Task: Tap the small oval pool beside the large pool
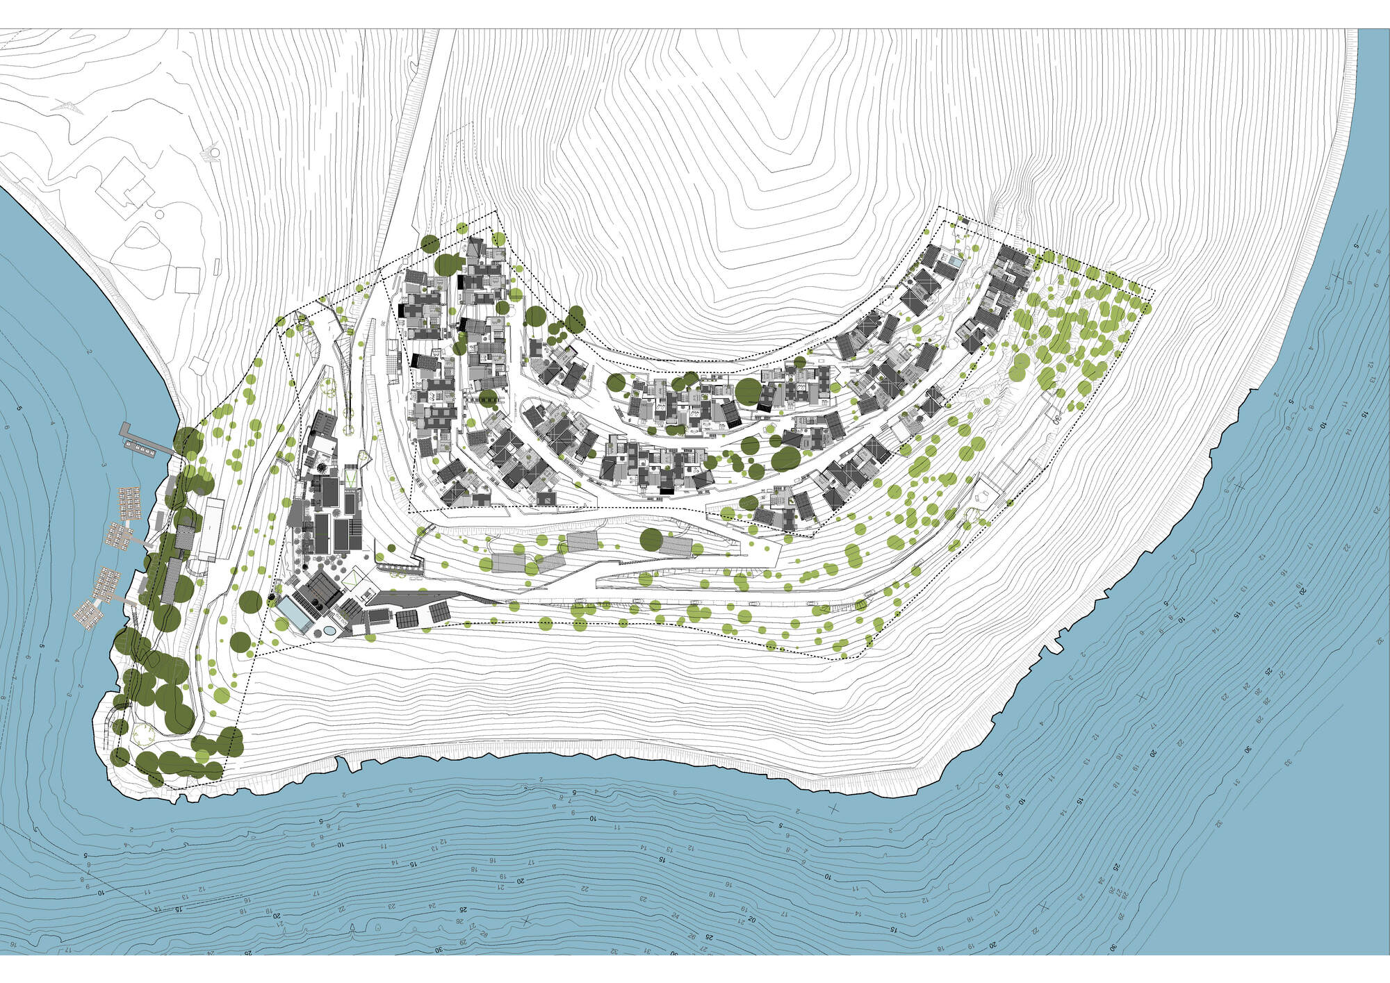[327, 631]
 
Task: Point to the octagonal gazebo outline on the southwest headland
[145, 734]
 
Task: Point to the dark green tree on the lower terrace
[651, 539]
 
